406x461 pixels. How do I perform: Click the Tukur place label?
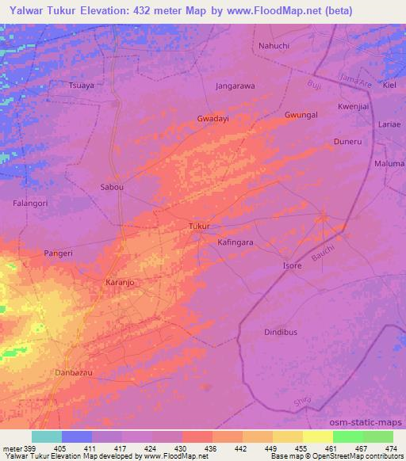199,227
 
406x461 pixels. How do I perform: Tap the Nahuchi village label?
274,47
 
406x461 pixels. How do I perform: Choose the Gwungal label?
301,115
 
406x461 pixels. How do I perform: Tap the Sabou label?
112,188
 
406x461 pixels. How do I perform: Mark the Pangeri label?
58,253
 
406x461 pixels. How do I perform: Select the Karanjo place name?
121,282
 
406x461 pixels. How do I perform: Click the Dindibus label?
281,333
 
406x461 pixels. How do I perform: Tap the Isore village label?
293,265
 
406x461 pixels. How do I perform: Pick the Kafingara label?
235,244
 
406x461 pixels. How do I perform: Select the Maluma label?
389,164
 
